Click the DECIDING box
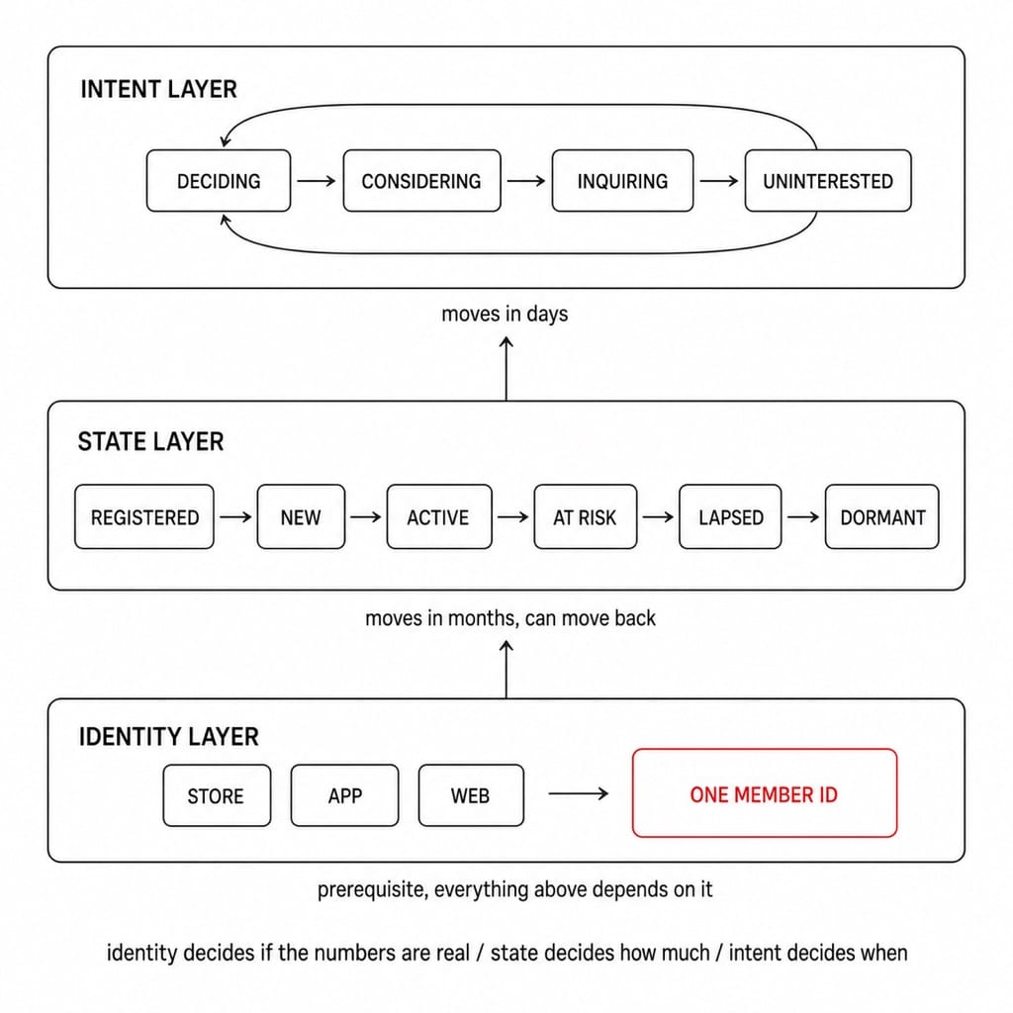point(219,181)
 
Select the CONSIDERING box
point(421,181)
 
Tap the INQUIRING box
point(623,181)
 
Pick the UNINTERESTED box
point(828,181)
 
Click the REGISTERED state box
point(144,516)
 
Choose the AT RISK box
point(586,516)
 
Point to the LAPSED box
point(730,516)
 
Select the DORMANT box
point(881,516)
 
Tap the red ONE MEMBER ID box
point(765,793)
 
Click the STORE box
point(217,795)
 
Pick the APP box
point(344,795)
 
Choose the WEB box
point(471,795)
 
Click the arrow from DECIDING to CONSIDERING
point(317,181)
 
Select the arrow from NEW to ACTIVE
point(366,516)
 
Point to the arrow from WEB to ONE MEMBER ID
point(578,793)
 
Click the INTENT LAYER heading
point(158,89)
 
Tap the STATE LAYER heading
point(150,442)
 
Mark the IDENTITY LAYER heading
point(168,736)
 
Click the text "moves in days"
point(505,314)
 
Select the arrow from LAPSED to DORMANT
point(803,516)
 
